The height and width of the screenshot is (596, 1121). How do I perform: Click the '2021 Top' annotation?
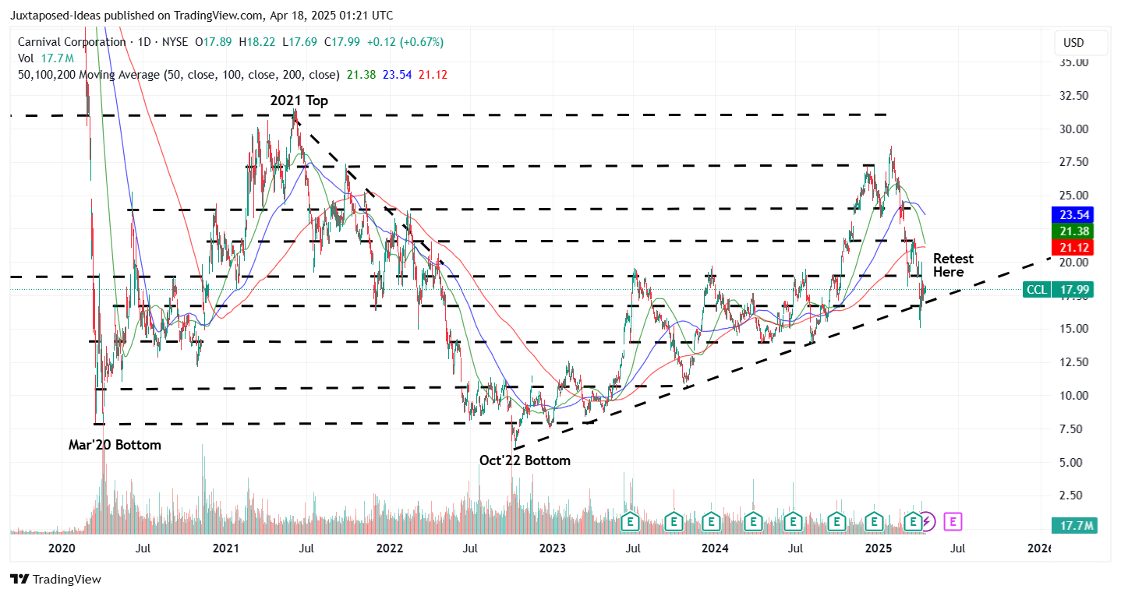pos(299,101)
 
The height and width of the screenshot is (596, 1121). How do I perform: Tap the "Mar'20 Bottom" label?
pos(115,445)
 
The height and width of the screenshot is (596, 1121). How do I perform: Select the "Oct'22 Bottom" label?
pos(525,460)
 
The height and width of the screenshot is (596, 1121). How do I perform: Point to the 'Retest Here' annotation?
pos(953,265)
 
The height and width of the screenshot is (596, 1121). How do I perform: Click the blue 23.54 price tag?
pos(1073,214)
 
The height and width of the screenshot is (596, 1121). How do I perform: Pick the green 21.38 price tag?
pos(1073,231)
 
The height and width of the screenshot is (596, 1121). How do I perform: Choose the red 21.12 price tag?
pos(1073,248)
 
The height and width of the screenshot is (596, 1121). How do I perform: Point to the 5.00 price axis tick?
pos(1074,462)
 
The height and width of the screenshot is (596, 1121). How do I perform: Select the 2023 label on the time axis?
pos(553,548)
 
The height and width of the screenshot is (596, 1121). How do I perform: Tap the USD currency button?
pos(1080,43)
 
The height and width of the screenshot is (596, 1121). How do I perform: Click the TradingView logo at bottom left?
pos(55,579)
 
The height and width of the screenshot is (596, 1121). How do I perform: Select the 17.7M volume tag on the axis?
pos(1073,526)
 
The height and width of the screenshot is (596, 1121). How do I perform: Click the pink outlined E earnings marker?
pos(953,520)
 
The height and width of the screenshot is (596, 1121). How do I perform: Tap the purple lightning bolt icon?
pos(927,520)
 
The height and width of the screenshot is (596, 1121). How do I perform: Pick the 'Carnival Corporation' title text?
pos(67,42)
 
